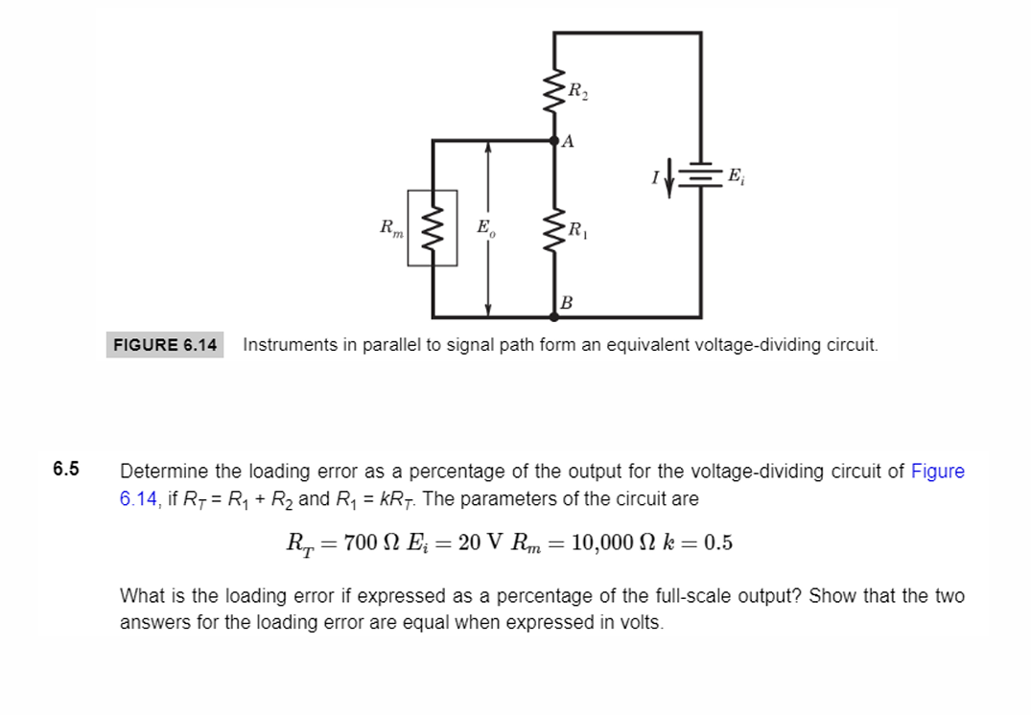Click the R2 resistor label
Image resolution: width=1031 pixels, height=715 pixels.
coord(578,93)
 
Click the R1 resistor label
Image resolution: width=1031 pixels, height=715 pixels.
coord(578,230)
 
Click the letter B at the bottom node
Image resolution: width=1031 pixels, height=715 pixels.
coord(566,303)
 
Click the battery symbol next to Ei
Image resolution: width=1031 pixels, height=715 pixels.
coord(702,174)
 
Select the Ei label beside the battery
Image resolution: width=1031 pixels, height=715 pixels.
coord(735,175)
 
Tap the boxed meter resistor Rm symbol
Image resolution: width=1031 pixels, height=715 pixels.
coord(433,229)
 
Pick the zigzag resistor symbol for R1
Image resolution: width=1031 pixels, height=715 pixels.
coord(554,230)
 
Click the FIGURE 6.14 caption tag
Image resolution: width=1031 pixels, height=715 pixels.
coord(165,344)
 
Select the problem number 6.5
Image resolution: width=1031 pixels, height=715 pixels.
coord(66,470)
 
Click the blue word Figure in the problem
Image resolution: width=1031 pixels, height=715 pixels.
coord(937,472)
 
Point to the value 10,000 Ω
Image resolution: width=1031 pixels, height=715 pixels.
coord(610,542)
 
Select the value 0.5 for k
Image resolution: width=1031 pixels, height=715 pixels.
coord(717,542)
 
